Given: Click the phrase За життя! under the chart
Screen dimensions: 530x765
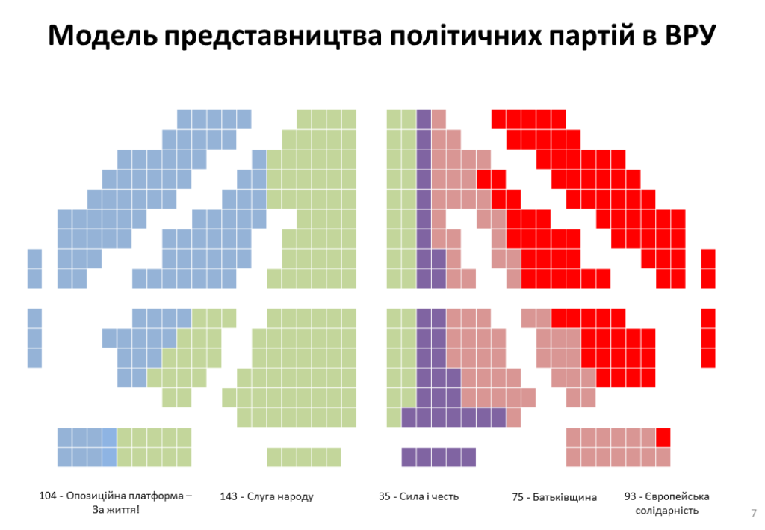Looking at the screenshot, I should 116,510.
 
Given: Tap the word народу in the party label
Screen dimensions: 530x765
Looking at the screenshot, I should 295,496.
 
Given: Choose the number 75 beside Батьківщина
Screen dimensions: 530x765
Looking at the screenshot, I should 518,497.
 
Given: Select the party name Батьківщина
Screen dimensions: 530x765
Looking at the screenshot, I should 565,497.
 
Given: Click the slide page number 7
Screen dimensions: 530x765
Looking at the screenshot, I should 753,512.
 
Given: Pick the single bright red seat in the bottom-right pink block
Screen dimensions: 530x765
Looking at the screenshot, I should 663,437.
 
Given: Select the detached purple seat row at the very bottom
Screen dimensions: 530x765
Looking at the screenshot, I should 439,456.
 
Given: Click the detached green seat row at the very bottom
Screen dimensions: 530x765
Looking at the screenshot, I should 304,456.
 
